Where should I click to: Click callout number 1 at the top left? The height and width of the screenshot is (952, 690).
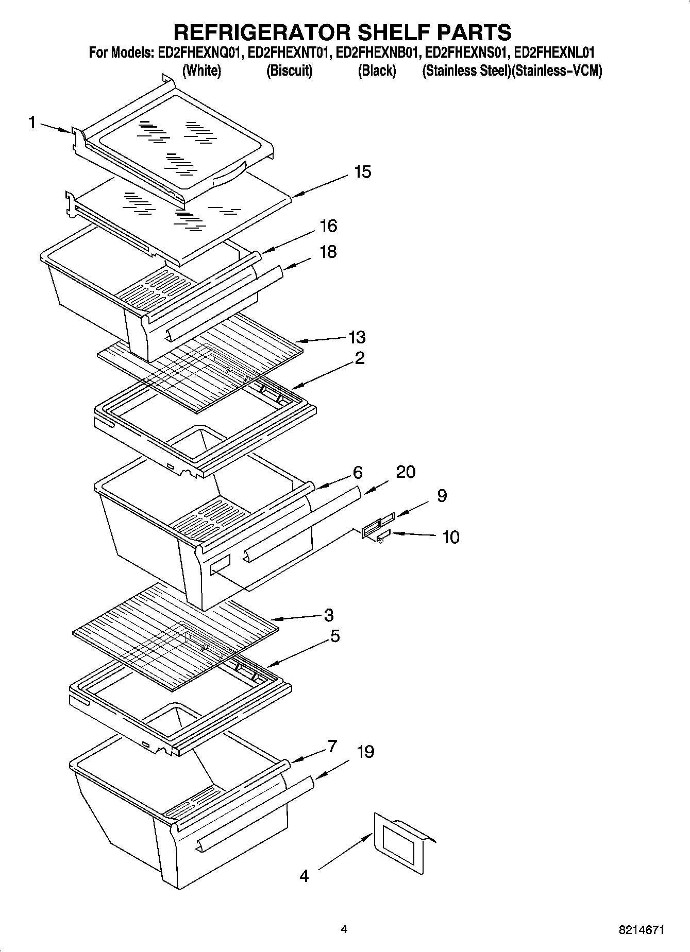pos(32,123)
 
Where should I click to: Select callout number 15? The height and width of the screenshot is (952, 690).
pos(362,171)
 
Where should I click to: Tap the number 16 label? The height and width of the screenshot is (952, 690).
pos(328,226)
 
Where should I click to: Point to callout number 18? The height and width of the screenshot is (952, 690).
pos(328,252)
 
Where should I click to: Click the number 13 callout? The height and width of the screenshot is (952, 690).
pos(357,337)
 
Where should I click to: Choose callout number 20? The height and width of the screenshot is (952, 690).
pos(406,472)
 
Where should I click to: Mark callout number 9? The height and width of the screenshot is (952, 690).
pos(442,495)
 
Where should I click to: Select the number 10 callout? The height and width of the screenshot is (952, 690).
pos(450,537)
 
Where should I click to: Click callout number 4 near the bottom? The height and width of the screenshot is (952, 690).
pos(304,875)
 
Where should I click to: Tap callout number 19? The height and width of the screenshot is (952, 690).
pos(365,752)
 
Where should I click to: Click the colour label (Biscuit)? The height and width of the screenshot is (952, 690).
pos(289,71)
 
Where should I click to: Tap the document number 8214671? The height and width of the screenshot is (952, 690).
pos(641,930)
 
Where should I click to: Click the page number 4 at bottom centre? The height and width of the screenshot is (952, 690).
pos(344,929)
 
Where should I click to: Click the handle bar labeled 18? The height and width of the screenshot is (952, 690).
pos(224,304)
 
